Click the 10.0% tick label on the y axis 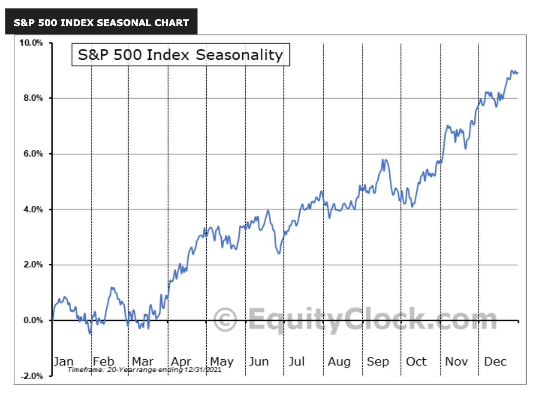coord(31,43)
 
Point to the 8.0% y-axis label coord(33,98)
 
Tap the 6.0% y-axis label coord(33,154)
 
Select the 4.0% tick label coord(33,209)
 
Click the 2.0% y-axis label coord(33,265)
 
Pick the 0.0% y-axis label coord(33,320)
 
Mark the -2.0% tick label coord(31,376)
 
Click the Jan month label coord(64,361)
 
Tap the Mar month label coord(142,361)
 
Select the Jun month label coord(259,361)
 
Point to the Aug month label coord(339,361)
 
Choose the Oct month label coord(416,361)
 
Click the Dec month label coord(495,361)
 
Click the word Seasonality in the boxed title coord(239,55)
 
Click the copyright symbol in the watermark coord(225,320)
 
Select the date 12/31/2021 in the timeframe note coord(202,370)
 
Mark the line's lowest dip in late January coord(90,333)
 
